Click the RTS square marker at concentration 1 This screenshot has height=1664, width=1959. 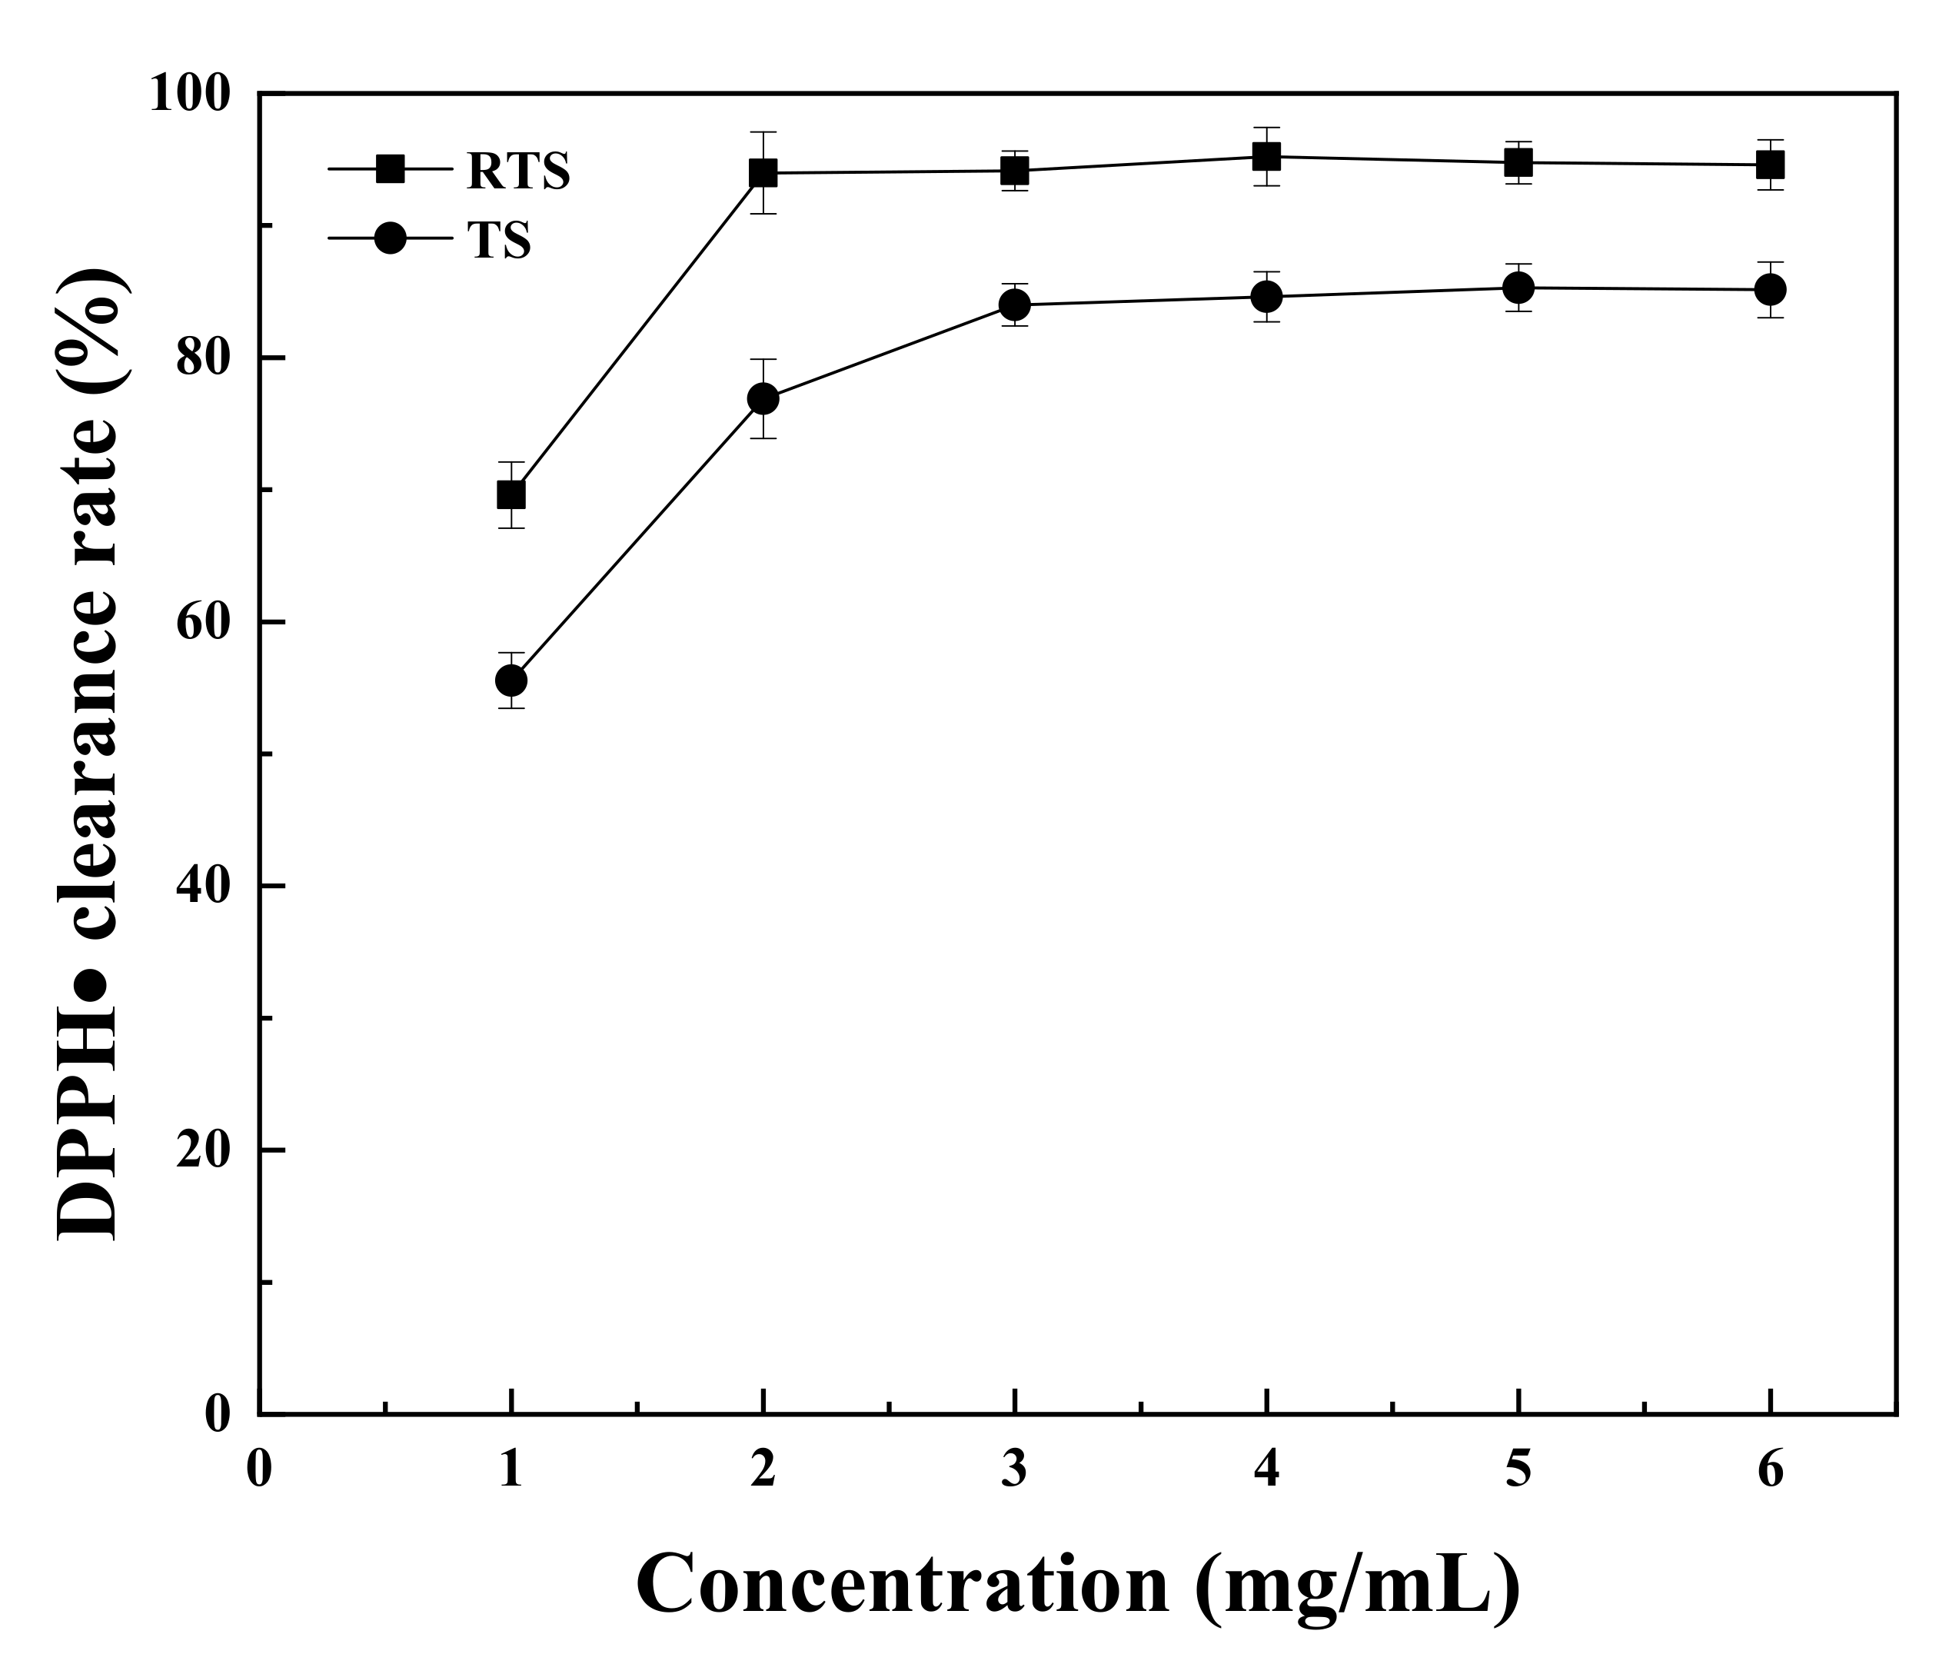pos(511,494)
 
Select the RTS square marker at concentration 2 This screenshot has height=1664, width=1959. pos(762,172)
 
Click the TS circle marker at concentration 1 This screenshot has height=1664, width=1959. pos(511,680)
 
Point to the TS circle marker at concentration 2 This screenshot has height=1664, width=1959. pos(762,398)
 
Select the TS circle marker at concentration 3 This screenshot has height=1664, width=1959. pos(1014,305)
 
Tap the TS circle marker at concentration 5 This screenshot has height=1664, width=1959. pos(1518,288)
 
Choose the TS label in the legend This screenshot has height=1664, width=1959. pos(499,241)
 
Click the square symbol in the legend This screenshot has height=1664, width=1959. pos(390,170)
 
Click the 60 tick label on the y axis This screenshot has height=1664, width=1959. pos(204,624)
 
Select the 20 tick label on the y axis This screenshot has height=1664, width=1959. pos(204,1152)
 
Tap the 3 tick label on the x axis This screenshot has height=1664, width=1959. pos(1014,1469)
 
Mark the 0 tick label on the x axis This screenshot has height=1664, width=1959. pos(258,1469)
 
